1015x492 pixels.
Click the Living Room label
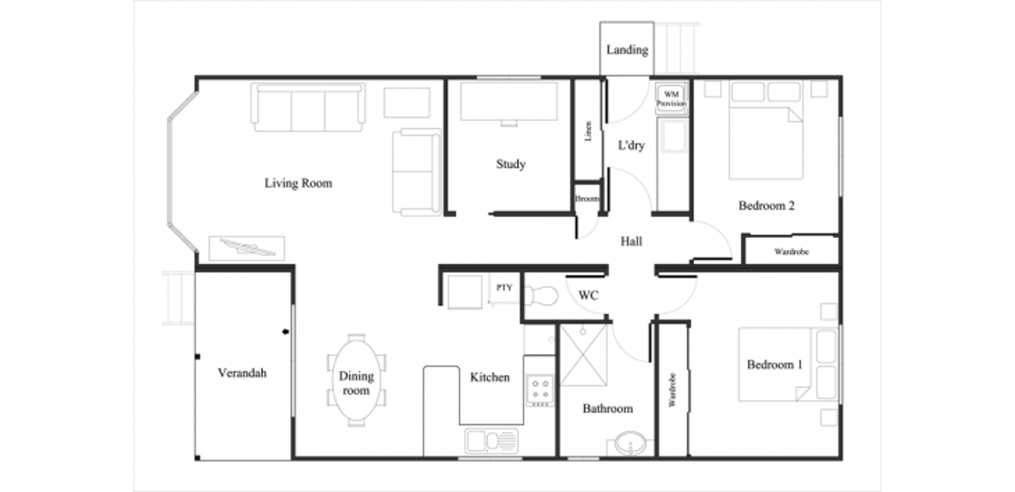coord(298,183)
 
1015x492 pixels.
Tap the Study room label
coord(511,164)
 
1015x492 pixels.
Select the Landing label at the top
coord(627,50)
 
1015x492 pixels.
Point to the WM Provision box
coord(672,99)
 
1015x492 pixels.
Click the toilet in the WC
coord(540,295)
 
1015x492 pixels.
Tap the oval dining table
coord(356,380)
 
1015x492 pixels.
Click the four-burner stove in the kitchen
coord(540,390)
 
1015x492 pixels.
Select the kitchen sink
coord(491,440)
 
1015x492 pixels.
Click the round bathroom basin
coord(630,444)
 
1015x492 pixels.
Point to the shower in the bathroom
coord(584,355)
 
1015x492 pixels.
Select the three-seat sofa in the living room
coord(308,107)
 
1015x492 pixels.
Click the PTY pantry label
coord(504,287)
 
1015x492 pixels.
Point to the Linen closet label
coord(588,131)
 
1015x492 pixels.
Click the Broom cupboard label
coord(587,199)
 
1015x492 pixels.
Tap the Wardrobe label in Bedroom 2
coord(791,252)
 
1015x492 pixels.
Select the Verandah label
coord(242,373)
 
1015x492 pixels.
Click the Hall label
coord(631,241)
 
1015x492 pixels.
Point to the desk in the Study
coord(509,102)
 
